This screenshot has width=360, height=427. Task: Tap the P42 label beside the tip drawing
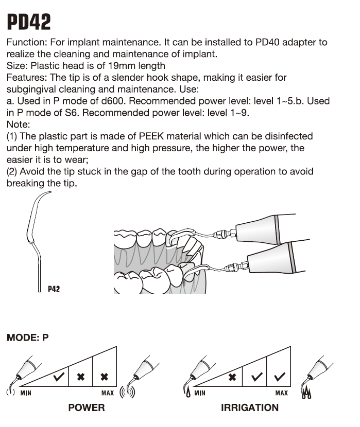coord(54,289)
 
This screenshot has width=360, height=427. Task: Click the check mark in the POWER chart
coord(59,377)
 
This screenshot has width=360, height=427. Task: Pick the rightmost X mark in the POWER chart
coord(104,377)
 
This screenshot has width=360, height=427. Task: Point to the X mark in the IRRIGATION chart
coord(232,377)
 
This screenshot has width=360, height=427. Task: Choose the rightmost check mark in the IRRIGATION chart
coord(280,377)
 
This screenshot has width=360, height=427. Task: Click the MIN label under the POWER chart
coord(26,394)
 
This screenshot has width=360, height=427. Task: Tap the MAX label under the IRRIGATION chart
coord(282,394)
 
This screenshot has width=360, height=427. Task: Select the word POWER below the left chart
coord(87,408)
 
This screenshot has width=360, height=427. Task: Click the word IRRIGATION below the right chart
coord(250,408)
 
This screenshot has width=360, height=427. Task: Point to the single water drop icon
coord(186,394)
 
